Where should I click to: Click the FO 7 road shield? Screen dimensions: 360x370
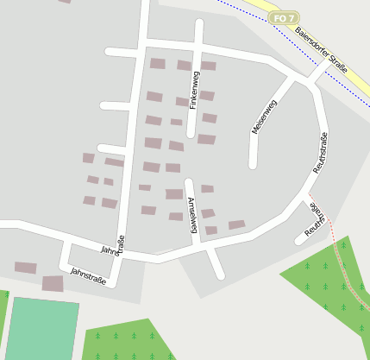click(284, 17)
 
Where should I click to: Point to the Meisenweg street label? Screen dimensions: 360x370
click(263, 117)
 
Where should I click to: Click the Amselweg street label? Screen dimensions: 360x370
click(192, 215)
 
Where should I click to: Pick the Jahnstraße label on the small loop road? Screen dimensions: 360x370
click(88, 275)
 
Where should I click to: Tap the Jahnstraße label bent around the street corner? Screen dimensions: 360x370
click(116, 246)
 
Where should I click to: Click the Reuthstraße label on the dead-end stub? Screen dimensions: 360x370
click(317, 219)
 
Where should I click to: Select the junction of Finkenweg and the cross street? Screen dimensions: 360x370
click(197, 47)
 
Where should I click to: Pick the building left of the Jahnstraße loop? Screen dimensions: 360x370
click(26, 268)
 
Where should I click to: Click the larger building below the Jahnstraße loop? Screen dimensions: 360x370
click(53, 283)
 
